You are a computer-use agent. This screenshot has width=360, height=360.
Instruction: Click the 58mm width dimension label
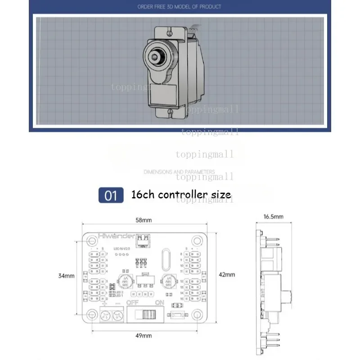(144, 220)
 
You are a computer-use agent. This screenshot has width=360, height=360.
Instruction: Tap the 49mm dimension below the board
(144, 335)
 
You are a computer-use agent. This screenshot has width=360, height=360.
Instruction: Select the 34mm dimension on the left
(67, 275)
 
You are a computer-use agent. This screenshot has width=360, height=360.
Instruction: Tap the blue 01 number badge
(111, 195)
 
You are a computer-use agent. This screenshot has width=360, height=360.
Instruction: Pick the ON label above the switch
(159, 303)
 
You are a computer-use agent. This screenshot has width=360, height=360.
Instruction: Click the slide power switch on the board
(146, 313)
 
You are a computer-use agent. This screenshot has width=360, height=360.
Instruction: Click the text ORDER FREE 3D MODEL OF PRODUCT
(179, 7)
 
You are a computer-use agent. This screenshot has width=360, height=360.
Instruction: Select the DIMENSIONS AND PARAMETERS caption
(179, 172)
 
